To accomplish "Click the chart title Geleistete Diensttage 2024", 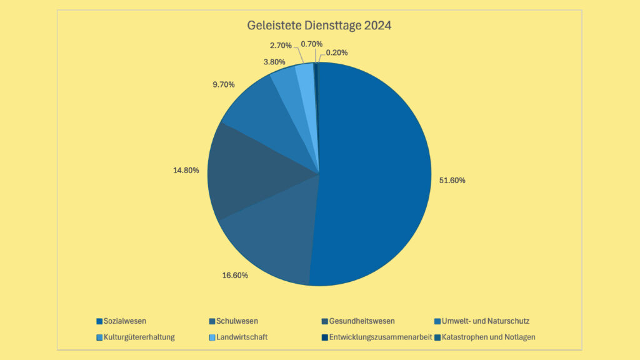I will (x=319, y=26).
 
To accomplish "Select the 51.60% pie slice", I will (x=375, y=175).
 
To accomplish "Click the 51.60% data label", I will (x=448, y=180).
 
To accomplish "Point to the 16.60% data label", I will (x=235, y=275).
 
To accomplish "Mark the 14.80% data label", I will (x=186, y=169).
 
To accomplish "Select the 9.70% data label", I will (x=224, y=84).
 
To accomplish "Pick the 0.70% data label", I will (x=311, y=44).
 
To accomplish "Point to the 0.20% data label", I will (x=337, y=53).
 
